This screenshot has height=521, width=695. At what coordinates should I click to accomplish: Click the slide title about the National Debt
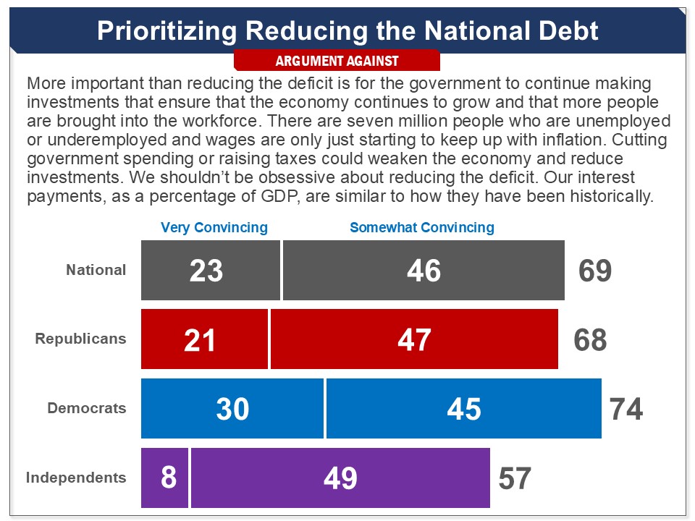(x=347, y=30)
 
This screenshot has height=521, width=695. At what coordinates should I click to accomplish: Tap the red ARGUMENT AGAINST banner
(x=337, y=61)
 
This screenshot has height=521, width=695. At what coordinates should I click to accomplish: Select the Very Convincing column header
(x=214, y=227)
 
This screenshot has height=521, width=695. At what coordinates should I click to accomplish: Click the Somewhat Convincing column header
(x=422, y=227)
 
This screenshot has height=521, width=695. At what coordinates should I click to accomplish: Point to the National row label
(x=96, y=270)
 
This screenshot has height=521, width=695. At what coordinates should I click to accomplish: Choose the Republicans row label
(x=80, y=339)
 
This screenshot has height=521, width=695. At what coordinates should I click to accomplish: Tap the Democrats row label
(x=87, y=408)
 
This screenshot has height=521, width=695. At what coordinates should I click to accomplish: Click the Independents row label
(x=76, y=478)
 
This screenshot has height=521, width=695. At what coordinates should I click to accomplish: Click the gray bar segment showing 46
(x=424, y=270)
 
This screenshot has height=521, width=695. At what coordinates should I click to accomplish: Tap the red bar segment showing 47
(x=414, y=339)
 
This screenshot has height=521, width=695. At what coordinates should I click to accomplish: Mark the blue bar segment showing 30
(x=232, y=409)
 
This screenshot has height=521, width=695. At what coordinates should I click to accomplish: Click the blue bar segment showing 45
(x=463, y=409)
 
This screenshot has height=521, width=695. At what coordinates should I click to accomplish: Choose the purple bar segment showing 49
(x=340, y=478)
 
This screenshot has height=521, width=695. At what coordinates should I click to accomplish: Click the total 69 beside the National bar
(x=595, y=271)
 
